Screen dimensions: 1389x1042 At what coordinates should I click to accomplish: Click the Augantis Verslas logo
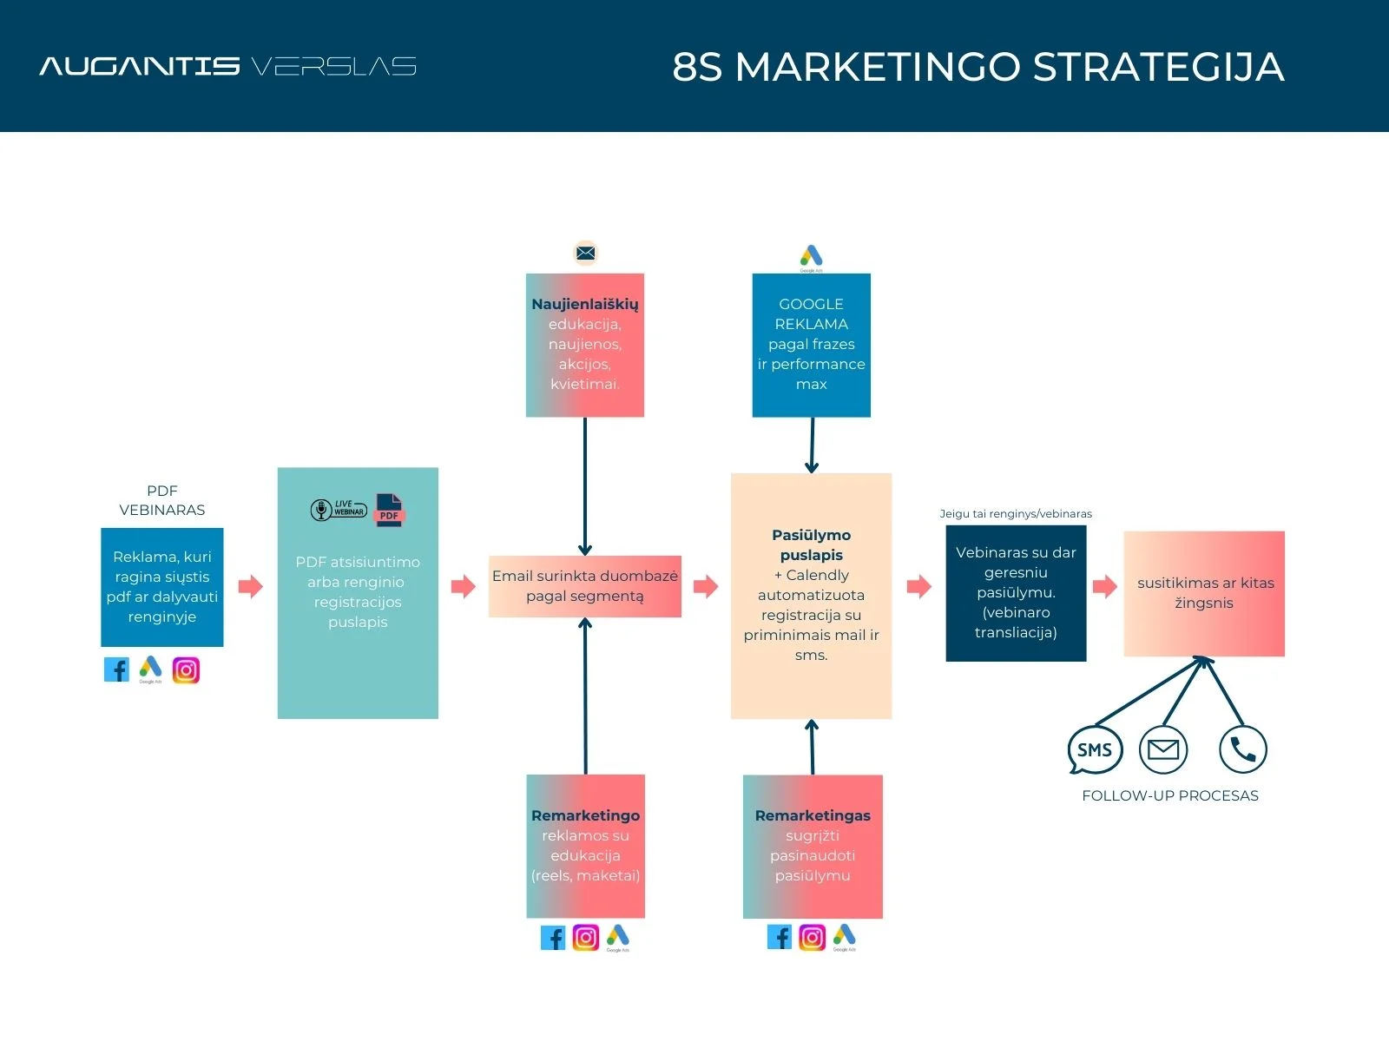point(227,66)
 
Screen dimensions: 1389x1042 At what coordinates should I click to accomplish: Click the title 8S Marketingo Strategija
point(978,67)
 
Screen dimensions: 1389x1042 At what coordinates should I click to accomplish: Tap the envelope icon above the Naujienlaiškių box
point(586,253)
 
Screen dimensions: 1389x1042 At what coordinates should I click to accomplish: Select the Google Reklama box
point(811,345)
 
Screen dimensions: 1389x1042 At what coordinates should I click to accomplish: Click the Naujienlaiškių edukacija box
point(585,345)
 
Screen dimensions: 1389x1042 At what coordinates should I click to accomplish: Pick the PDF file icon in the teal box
point(390,510)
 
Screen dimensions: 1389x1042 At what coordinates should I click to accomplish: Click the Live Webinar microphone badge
point(339,510)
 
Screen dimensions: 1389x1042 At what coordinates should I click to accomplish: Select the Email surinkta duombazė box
point(585,586)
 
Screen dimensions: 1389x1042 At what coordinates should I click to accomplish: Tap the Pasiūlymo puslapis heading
point(811,545)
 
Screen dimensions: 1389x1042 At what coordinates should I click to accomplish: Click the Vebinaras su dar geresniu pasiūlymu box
point(1016,593)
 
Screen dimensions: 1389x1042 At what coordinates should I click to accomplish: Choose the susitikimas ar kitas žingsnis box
point(1204,593)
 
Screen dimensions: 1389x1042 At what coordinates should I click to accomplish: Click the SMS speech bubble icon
point(1094,750)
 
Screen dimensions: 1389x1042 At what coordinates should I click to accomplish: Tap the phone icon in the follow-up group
point(1242,749)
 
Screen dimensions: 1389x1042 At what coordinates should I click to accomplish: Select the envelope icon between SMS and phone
point(1163,749)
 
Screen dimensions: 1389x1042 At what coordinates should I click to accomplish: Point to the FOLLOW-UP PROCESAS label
point(1169,795)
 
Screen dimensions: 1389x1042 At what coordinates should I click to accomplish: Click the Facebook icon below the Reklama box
point(116,669)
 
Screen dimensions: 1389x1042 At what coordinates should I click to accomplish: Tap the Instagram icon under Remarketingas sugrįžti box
point(812,938)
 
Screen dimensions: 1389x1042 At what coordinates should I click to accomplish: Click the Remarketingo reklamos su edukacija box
point(585,846)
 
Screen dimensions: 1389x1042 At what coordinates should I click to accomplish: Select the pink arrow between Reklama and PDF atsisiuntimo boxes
point(250,586)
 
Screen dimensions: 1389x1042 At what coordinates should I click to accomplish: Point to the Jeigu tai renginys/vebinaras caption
point(1016,513)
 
